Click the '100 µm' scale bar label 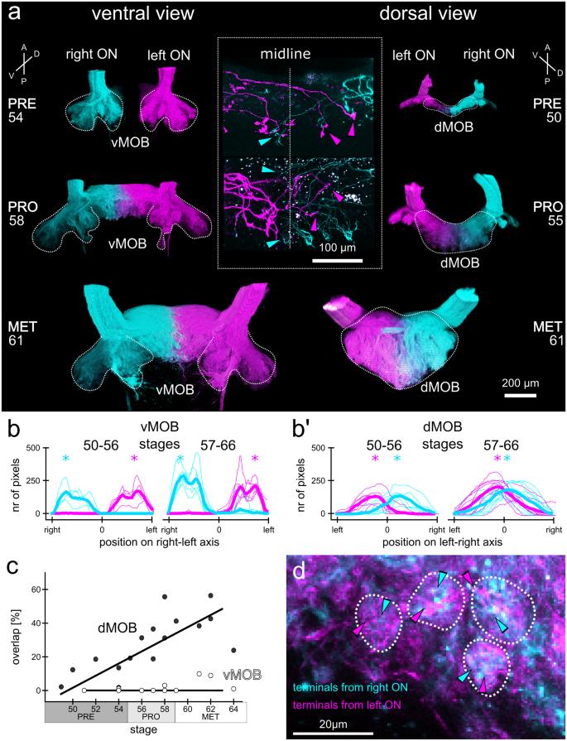(338, 248)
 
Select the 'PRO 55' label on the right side (543, 216)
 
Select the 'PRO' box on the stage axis (151, 719)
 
